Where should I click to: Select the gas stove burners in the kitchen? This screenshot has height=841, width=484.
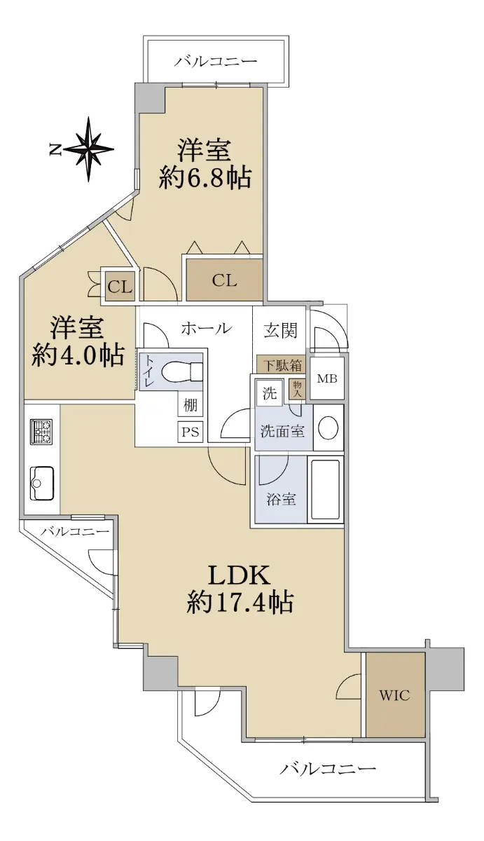pos(41,432)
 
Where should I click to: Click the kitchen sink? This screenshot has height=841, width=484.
pos(41,483)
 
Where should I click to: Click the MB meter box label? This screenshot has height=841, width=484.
pos(327,378)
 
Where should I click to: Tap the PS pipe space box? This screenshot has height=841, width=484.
pos(191,432)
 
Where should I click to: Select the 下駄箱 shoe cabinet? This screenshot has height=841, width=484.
pos(282,365)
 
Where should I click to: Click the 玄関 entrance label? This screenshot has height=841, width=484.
pos(280,330)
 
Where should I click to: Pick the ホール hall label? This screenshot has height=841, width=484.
pos(206,329)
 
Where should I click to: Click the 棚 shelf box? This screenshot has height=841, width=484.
pos(191,406)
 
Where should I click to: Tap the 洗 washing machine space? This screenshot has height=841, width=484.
pos(270,393)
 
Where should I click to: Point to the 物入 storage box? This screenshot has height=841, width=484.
pos(297,390)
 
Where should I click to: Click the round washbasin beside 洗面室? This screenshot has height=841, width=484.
pos(328,428)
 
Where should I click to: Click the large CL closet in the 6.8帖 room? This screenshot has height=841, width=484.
pos(224,280)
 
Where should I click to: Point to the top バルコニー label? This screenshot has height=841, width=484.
pos(215,61)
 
